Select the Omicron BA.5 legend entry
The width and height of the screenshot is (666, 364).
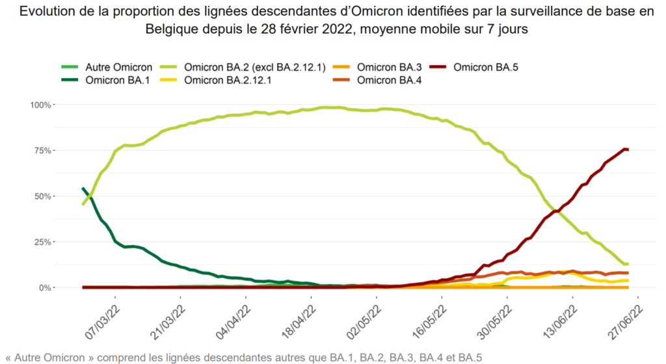click(485, 67)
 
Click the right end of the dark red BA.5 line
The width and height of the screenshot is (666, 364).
click(627, 149)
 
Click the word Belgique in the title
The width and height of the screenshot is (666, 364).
click(170, 29)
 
